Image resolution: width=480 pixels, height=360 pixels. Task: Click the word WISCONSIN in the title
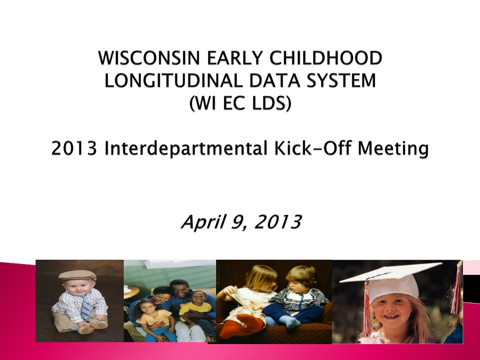pyautogui.click(x=149, y=58)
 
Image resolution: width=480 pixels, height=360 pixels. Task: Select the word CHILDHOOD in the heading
pyautogui.click(x=326, y=58)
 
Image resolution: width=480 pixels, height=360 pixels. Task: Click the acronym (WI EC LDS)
pyautogui.click(x=240, y=103)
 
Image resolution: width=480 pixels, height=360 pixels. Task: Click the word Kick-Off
pyautogui.click(x=313, y=148)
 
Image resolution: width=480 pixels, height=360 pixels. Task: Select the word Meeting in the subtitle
pyautogui.click(x=393, y=149)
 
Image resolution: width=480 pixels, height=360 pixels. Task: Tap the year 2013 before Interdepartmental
pyautogui.click(x=75, y=149)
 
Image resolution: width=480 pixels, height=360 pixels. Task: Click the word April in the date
pyautogui.click(x=203, y=222)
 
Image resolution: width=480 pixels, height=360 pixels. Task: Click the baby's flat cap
pyautogui.click(x=77, y=275)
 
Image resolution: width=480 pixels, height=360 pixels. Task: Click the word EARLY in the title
pyautogui.click(x=235, y=58)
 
